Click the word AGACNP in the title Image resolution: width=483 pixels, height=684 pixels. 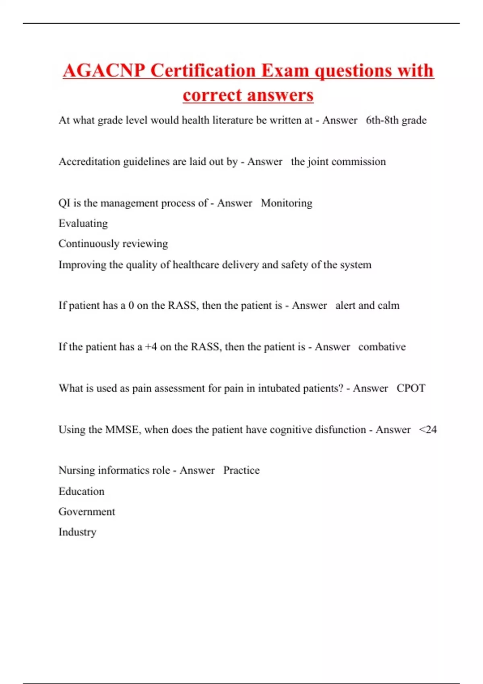click(104, 71)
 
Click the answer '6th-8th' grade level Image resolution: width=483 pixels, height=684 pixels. click(382, 120)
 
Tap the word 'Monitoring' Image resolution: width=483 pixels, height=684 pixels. click(287, 203)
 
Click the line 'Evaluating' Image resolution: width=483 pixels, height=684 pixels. click(83, 223)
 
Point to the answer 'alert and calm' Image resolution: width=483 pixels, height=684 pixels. click(367, 305)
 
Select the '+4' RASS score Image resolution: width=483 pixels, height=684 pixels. click(151, 347)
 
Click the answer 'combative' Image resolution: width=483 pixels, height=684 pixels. click(382, 347)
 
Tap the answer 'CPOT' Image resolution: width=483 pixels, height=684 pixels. click(411, 388)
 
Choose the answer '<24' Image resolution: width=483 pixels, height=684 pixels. click(428, 430)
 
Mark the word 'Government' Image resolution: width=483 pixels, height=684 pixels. click(87, 512)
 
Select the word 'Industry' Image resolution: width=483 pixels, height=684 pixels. click(77, 532)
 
